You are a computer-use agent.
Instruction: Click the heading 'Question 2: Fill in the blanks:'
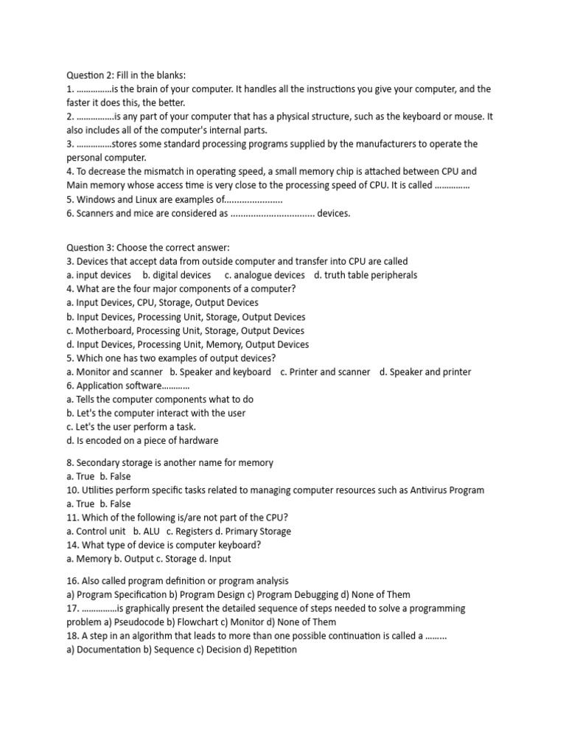pos(126,75)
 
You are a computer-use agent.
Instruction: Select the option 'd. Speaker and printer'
pos(425,372)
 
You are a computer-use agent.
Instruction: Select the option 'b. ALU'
pos(146,531)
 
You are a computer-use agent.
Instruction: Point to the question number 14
pos(72,545)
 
